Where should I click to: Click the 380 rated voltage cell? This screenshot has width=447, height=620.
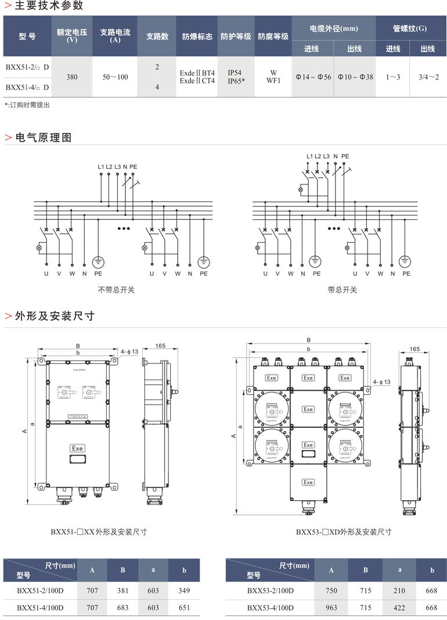point(72,77)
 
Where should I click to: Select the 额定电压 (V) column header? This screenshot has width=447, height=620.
point(72,36)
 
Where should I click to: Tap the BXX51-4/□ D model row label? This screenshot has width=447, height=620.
point(27,88)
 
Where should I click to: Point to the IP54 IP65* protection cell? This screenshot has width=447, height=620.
point(235,77)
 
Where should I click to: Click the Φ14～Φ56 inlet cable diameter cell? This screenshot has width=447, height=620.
point(313,77)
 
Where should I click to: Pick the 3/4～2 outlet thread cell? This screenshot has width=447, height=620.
point(428,77)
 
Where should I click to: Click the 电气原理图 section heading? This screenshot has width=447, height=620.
point(44,138)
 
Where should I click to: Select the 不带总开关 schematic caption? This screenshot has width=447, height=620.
point(117,289)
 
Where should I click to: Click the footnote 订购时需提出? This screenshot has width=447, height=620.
point(27,105)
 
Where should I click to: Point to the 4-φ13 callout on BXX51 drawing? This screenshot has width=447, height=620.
point(129,351)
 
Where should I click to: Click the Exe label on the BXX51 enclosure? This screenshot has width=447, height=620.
point(77,448)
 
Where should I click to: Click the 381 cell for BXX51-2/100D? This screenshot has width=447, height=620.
point(122,591)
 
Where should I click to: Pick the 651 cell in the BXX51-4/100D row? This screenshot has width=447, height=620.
point(184,607)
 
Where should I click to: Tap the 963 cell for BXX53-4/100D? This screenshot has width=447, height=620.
point(331,607)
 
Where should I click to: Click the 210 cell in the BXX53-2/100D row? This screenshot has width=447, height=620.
point(399,591)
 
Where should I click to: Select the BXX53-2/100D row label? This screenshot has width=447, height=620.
point(270,591)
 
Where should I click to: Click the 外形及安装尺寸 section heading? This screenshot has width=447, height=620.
point(55,316)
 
